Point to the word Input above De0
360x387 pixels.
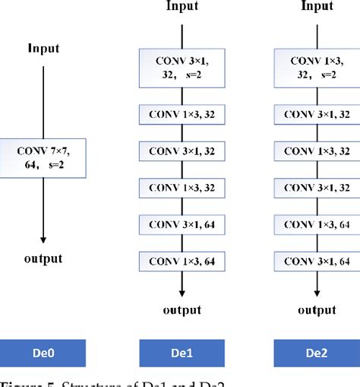43,48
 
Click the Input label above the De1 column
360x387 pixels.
182,7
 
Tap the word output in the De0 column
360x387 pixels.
43,259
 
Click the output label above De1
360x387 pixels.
182,309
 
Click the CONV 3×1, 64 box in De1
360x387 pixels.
182,225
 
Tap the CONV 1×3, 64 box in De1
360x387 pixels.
182,262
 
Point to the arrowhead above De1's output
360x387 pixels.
182,293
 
